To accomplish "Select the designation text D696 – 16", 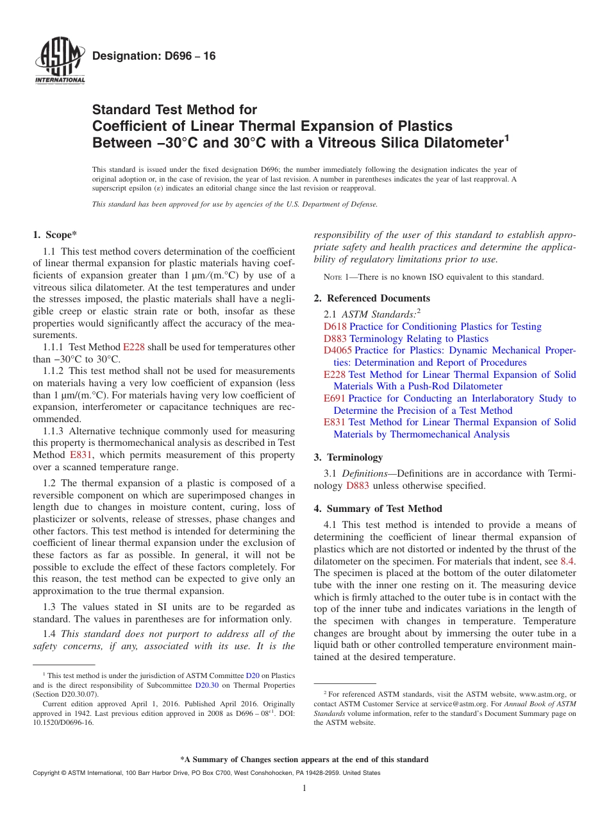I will [154, 56].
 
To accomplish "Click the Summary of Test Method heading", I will [378, 509].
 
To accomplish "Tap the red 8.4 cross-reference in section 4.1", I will [568, 561].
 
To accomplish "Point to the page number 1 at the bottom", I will [304, 788].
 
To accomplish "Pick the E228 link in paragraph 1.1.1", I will [134, 347].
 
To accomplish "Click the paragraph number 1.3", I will [49, 607].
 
